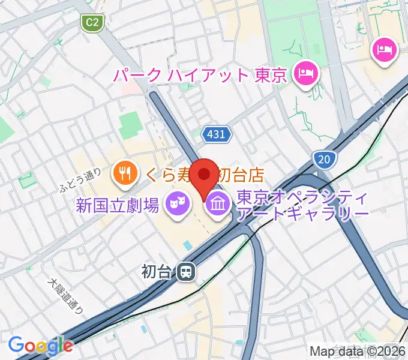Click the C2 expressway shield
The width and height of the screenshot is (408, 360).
click(92, 23)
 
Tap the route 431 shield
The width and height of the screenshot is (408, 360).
click(216, 134)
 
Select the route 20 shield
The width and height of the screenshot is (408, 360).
click(323, 159)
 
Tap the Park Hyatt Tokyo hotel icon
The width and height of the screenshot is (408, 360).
click(307, 75)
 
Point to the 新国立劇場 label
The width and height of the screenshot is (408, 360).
click(118, 206)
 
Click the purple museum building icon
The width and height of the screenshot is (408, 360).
click(217, 205)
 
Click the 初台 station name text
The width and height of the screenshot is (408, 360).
click(157, 272)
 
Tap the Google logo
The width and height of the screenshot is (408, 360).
click(41, 345)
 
